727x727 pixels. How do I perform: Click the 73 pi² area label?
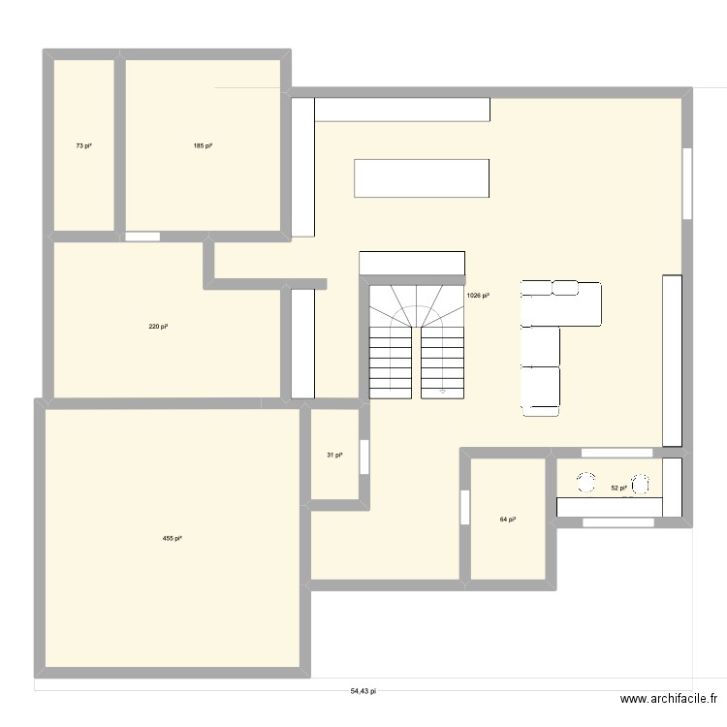pyautogui.click(x=83, y=146)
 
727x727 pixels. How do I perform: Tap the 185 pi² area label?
pyautogui.click(x=202, y=146)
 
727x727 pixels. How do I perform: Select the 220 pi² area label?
pyautogui.click(x=159, y=327)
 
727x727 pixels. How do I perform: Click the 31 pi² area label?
pyautogui.click(x=334, y=456)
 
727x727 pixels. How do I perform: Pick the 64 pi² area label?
pyautogui.click(x=507, y=520)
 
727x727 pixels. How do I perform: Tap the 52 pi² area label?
pyautogui.click(x=618, y=489)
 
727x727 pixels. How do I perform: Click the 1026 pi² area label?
pyautogui.click(x=478, y=295)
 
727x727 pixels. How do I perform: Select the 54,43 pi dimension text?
pyautogui.click(x=363, y=692)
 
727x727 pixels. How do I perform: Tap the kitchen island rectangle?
pyautogui.click(x=422, y=178)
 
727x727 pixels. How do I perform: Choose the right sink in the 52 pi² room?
pyautogui.click(x=641, y=484)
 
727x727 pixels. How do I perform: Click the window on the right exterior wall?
pyautogui.click(x=687, y=183)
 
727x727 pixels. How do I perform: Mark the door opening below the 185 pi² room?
pyautogui.click(x=142, y=236)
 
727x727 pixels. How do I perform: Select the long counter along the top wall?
pyautogui.click(x=402, y=110)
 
